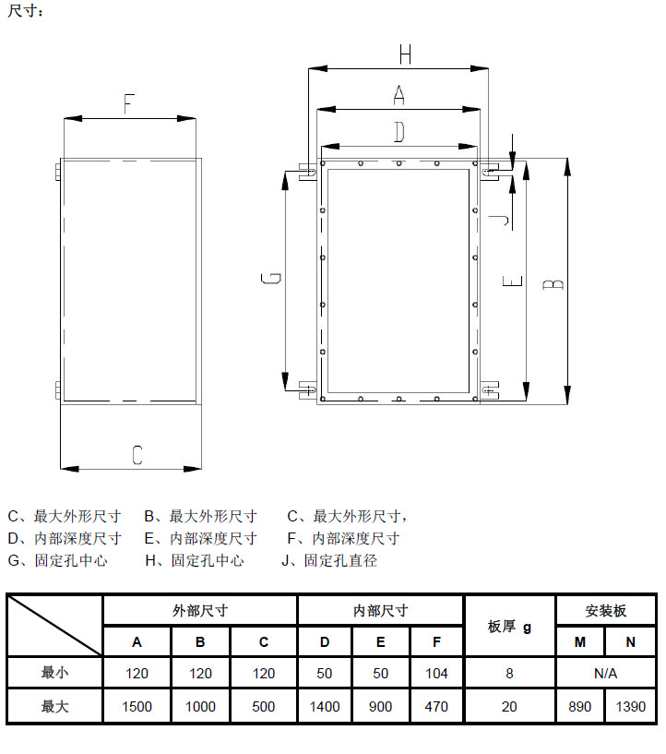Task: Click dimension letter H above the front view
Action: (405, 54)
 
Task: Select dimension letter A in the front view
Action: (398, 95)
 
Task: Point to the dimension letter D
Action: (399, 132)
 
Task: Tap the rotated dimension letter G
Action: (271, 278)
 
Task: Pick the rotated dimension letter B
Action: (553, 283)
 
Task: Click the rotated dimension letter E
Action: (512, 281)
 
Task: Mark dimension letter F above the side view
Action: (129, 104)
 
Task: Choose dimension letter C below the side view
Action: (137, 454)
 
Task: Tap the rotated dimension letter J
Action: (499, 220)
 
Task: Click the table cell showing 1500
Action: (137, 706)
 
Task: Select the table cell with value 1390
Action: (630, 706)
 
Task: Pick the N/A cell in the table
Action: (605, 673)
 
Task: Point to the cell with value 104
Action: (436, 673)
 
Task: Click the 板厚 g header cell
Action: (509, 627)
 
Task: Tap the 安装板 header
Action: (605, 611)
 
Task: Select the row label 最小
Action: (54, 672)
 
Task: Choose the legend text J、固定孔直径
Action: (329, 560)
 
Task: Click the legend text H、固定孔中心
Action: (195, 560)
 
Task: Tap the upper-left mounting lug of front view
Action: (307, 172)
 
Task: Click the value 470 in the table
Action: (436, 706)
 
